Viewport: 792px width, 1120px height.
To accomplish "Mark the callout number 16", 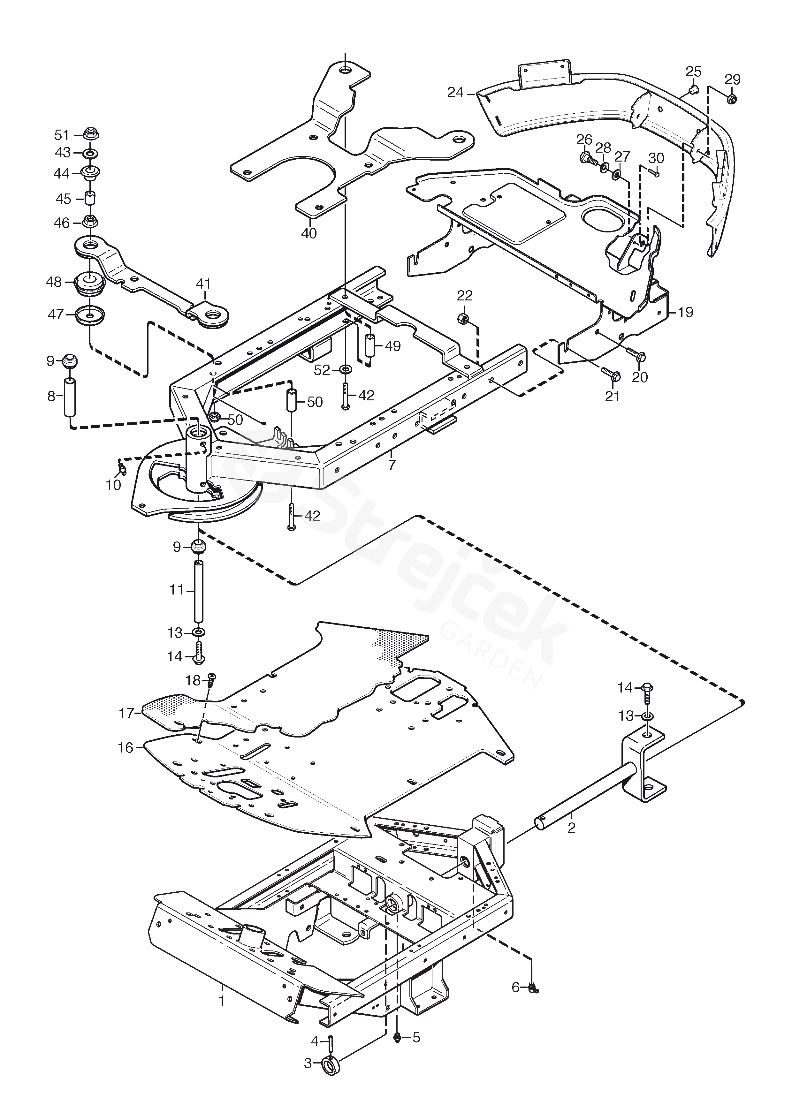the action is pyautogui.click(x=126, y=747).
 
